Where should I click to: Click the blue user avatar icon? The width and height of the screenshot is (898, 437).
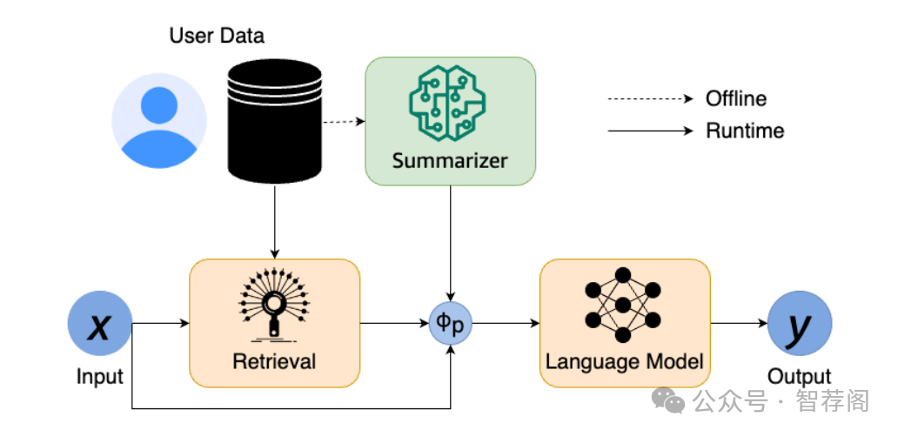(x=159, y=121)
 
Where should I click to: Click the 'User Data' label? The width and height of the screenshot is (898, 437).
(x=217, y=37)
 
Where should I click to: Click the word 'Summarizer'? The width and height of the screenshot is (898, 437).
(x=449, y=160)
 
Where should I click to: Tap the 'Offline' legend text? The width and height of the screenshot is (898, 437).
(x=736, y=98)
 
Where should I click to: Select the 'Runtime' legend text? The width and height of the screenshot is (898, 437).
(x=745, y=131)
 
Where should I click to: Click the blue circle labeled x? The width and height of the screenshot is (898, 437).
(x=100, y=325)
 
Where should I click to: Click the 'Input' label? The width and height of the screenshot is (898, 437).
(x=100, y=377)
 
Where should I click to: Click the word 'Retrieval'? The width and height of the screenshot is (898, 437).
(x=274, y=360)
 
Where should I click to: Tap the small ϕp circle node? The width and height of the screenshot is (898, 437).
(x=450, y=325)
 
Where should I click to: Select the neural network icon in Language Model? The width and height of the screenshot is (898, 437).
(x=622, y=306)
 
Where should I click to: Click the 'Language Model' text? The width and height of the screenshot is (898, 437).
(x=624, y=360)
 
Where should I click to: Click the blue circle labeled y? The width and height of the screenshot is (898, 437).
(x=799, y=325)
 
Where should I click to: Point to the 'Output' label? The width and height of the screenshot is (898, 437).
(x=799, y=377)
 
